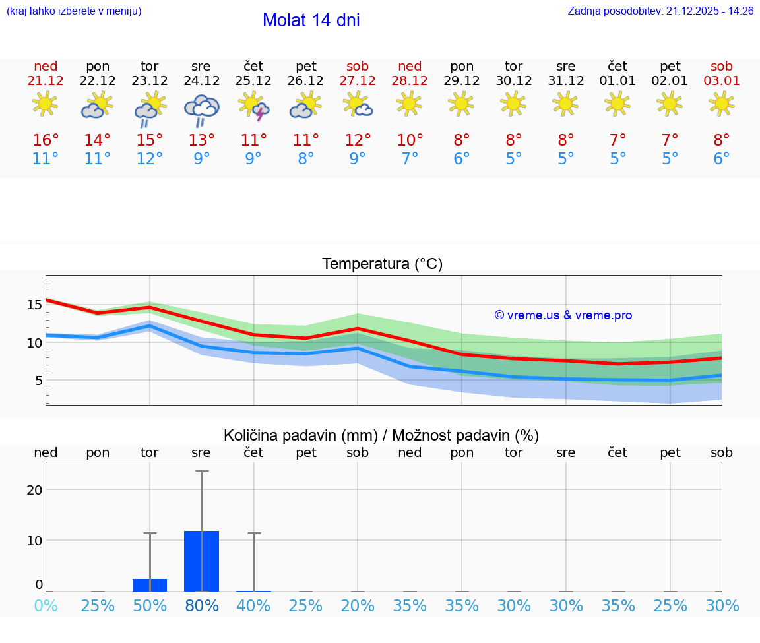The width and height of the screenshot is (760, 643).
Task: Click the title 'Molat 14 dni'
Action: coord(311,20)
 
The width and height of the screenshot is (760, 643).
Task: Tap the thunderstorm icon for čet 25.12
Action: coord(254,106)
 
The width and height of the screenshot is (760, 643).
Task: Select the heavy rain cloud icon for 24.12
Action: coord(201,109)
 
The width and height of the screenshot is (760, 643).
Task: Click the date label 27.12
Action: coord(358,81)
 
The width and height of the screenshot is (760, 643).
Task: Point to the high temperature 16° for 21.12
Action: coord(46,140)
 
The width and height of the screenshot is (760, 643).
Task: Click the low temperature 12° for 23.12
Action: coord(150,159)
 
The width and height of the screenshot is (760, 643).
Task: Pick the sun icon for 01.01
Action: coord(617,104)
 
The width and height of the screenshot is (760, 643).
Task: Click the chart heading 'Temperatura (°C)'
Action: coord(382,264)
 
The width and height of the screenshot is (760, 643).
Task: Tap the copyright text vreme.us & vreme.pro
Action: coord(563,315)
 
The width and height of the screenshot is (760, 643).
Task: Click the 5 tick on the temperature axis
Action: coord(38,381)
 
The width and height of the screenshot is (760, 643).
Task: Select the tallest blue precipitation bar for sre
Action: coord(201,561)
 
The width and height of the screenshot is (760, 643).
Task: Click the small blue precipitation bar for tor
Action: coord(150,585)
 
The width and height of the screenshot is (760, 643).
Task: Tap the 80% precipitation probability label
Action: coord(201,605)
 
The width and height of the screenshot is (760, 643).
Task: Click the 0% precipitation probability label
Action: coord(46,605)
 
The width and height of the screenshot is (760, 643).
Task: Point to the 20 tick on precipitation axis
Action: coord(34,489)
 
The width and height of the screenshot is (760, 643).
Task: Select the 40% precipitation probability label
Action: coord(254,605)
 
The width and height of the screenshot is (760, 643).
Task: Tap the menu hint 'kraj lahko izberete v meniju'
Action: coord(74,11)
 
